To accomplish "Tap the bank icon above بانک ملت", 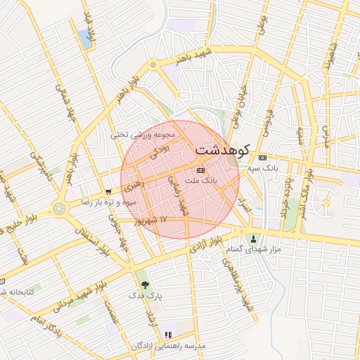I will click(201, 170).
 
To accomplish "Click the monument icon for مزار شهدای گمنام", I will click(254, 239).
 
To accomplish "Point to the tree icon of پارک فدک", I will click(145, 285).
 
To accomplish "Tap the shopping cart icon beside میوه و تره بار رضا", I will click(107, 191).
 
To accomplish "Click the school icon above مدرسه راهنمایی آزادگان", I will click(167, 335).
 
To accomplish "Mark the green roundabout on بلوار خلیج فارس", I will click(58, 209).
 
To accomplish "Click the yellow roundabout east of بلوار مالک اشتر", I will click(325, 204).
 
